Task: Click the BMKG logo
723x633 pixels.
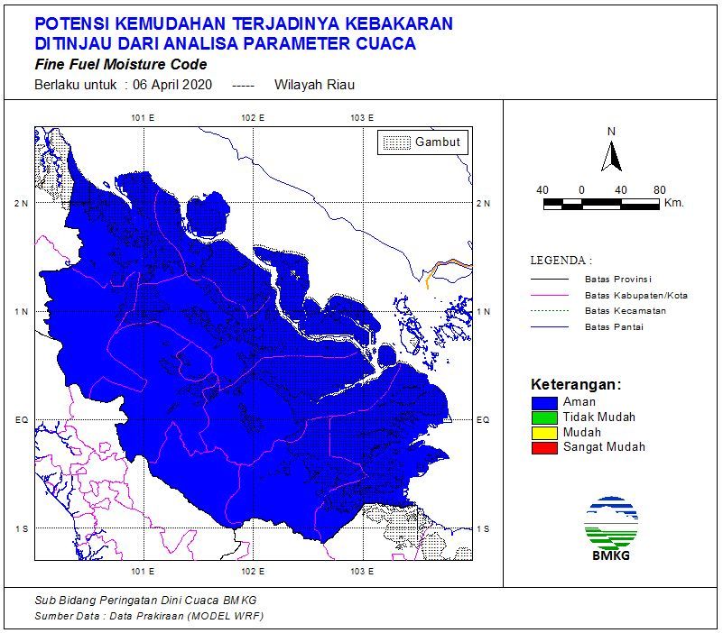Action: [611, 527]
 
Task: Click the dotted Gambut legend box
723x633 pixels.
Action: [395, 142]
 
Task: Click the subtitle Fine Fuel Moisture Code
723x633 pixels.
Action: [120, 65]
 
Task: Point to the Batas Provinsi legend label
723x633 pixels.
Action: [617, 280]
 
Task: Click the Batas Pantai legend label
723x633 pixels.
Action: [614, 326]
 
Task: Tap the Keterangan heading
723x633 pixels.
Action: [576, 384]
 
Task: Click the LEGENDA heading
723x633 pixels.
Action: [561, 261]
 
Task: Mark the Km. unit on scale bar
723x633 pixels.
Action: [673, 204]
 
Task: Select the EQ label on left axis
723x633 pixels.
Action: [21, 420]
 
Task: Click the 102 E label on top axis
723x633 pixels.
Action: [253, 118]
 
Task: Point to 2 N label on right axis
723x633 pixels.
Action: [484, 204]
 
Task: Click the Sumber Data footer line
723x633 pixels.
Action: [149, 615]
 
